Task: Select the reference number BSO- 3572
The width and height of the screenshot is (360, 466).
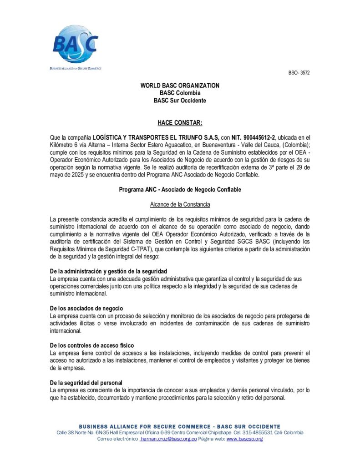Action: coord(299,73)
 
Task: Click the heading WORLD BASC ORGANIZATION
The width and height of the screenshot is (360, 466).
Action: coord(180,86)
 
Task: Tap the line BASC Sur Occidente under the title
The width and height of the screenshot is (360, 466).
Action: coord(180,100)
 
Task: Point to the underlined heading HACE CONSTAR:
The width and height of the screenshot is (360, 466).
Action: coord(180,122)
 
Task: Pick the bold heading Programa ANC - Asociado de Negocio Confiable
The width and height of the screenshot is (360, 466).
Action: coord(180,189)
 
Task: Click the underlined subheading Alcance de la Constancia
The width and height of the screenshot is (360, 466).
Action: coord(180,204)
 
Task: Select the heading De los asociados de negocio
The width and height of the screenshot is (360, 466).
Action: coord(86,309)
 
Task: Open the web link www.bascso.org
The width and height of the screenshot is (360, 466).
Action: coord(244,439)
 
